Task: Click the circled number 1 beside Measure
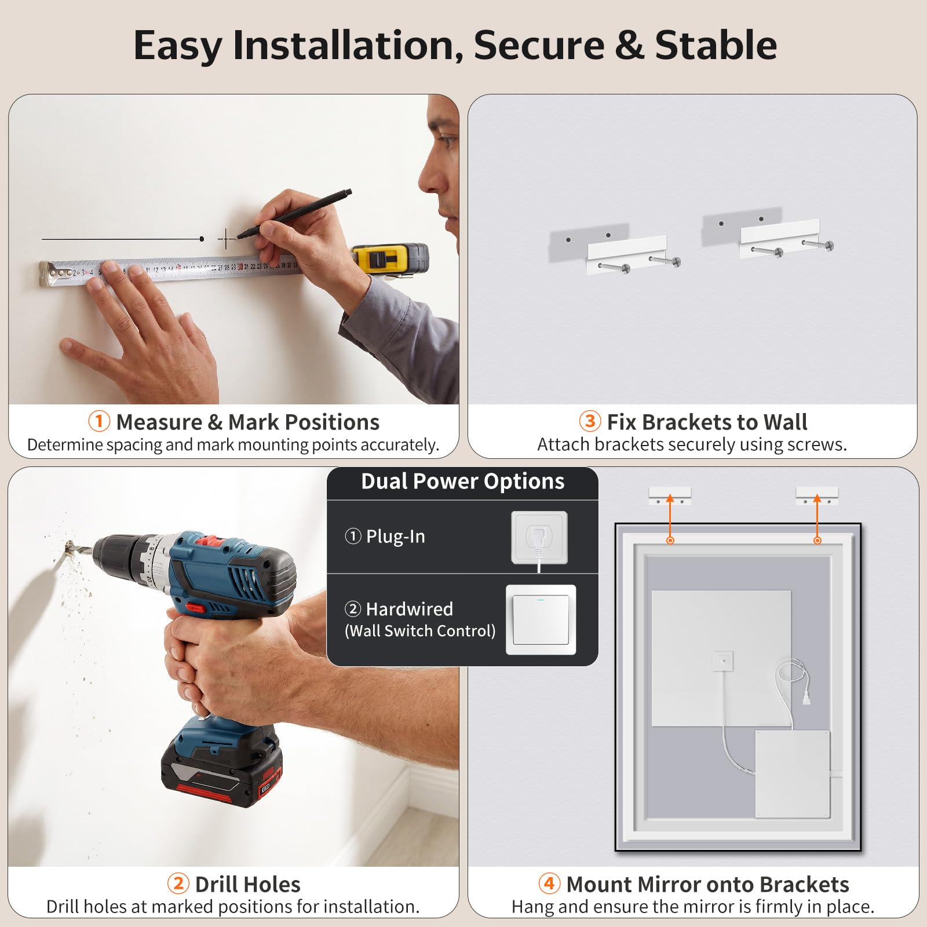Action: pyautogui.click(x=99, y=421)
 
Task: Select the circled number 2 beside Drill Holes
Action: pyautogui.click(x=178, y=884)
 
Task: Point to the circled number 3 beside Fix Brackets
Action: pyautogui.click(x=590, y=421)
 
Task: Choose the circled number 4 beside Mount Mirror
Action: pyautogui.click(x=549, y=884)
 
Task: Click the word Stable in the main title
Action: pyautogui.click(x=716, y=45)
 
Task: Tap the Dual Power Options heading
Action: pyautogui.click(x=463, y=481)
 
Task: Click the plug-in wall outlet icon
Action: pyautogui.click(x=539, y=537)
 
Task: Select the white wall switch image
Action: pyautogui.click(x=541, y=619)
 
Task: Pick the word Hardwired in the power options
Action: pyautogui.click(x=410, y=609)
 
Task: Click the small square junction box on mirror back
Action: pyautogui.click(x=722, y=660)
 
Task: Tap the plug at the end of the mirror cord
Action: pyautogui.click(x=805, y=698)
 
